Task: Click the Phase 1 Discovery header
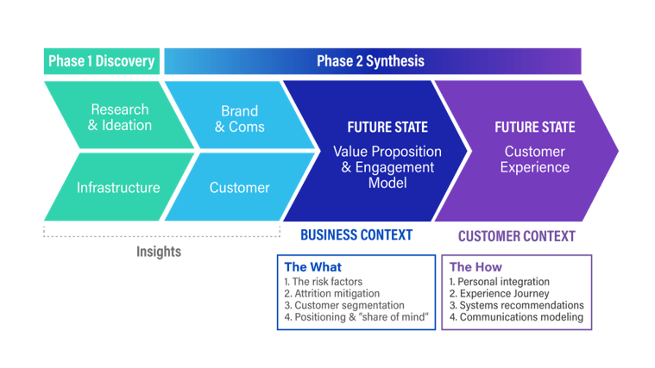click(101, 61)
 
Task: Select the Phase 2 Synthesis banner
click(371, 61)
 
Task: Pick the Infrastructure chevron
click(118, 187)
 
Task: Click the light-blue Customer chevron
click(239, 187)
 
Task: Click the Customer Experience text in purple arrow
click(536, 159)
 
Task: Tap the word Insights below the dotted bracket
click(159, 253)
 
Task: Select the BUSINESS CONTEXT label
click(356, 235)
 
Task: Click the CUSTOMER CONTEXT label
click(516, 235)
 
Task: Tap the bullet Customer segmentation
click(344, 305)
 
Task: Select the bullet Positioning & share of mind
click(353, 317)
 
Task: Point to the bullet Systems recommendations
click(516, 305)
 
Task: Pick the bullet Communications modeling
click(516, 317)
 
